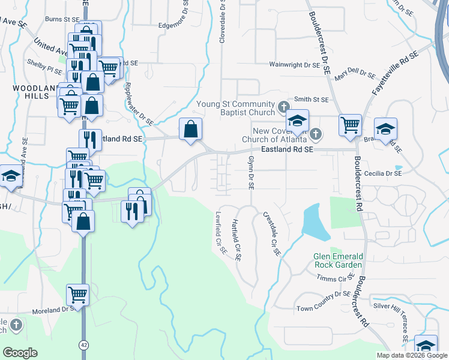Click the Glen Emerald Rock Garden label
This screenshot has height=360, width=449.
coord(338,260)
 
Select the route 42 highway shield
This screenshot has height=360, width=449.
coord(83,344)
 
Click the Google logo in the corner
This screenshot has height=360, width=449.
coord(20,352)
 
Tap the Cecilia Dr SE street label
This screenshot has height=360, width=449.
coord(381,173)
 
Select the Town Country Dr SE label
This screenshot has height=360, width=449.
coord(323,295)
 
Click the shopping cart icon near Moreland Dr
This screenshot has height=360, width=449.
coord(78,295)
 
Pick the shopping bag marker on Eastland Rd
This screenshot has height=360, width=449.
coord(190,128)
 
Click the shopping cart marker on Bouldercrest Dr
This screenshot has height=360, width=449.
coord(351,125)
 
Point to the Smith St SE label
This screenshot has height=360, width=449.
coord(312,99)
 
